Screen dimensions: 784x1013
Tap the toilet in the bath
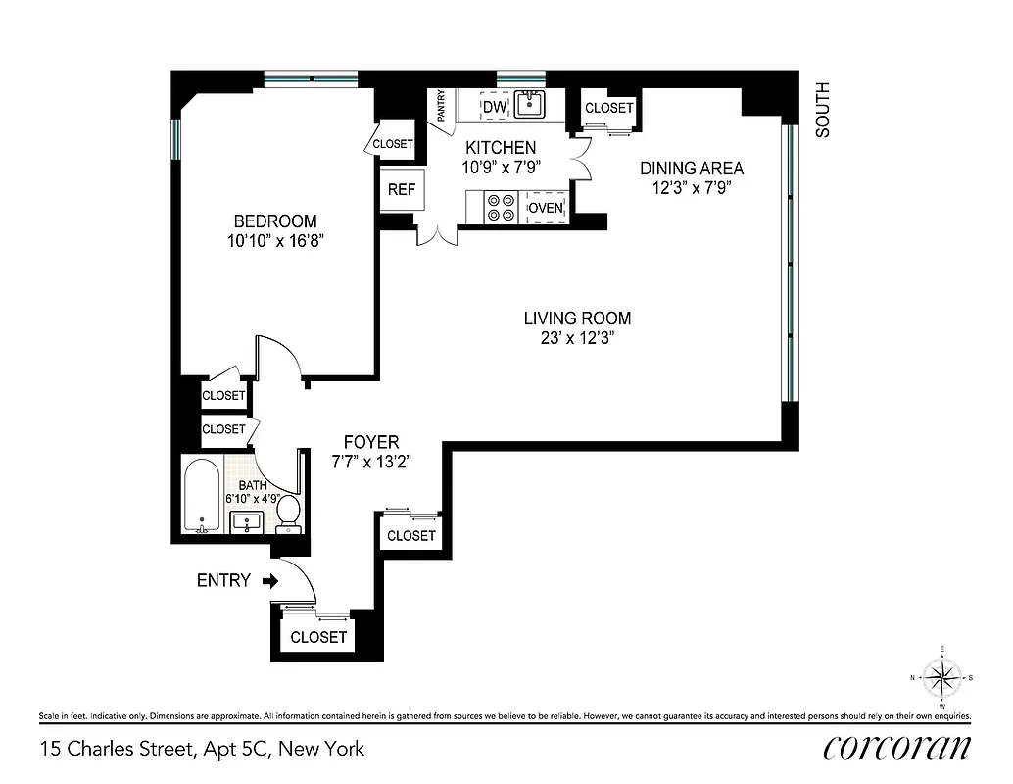[287, 512]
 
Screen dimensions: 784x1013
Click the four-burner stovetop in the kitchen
[501, 207]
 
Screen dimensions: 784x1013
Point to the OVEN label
[546, 208]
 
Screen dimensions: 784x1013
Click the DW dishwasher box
[496, 106]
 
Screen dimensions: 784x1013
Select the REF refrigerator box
[401, 190]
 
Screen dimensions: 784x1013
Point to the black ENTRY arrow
[271, 580]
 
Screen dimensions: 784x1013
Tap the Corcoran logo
[896, 748]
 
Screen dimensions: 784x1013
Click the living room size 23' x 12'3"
[577, 338]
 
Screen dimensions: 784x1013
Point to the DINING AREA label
[692, 168]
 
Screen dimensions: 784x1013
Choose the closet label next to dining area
[608, 108]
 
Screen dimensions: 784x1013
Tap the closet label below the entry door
[319, 637]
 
